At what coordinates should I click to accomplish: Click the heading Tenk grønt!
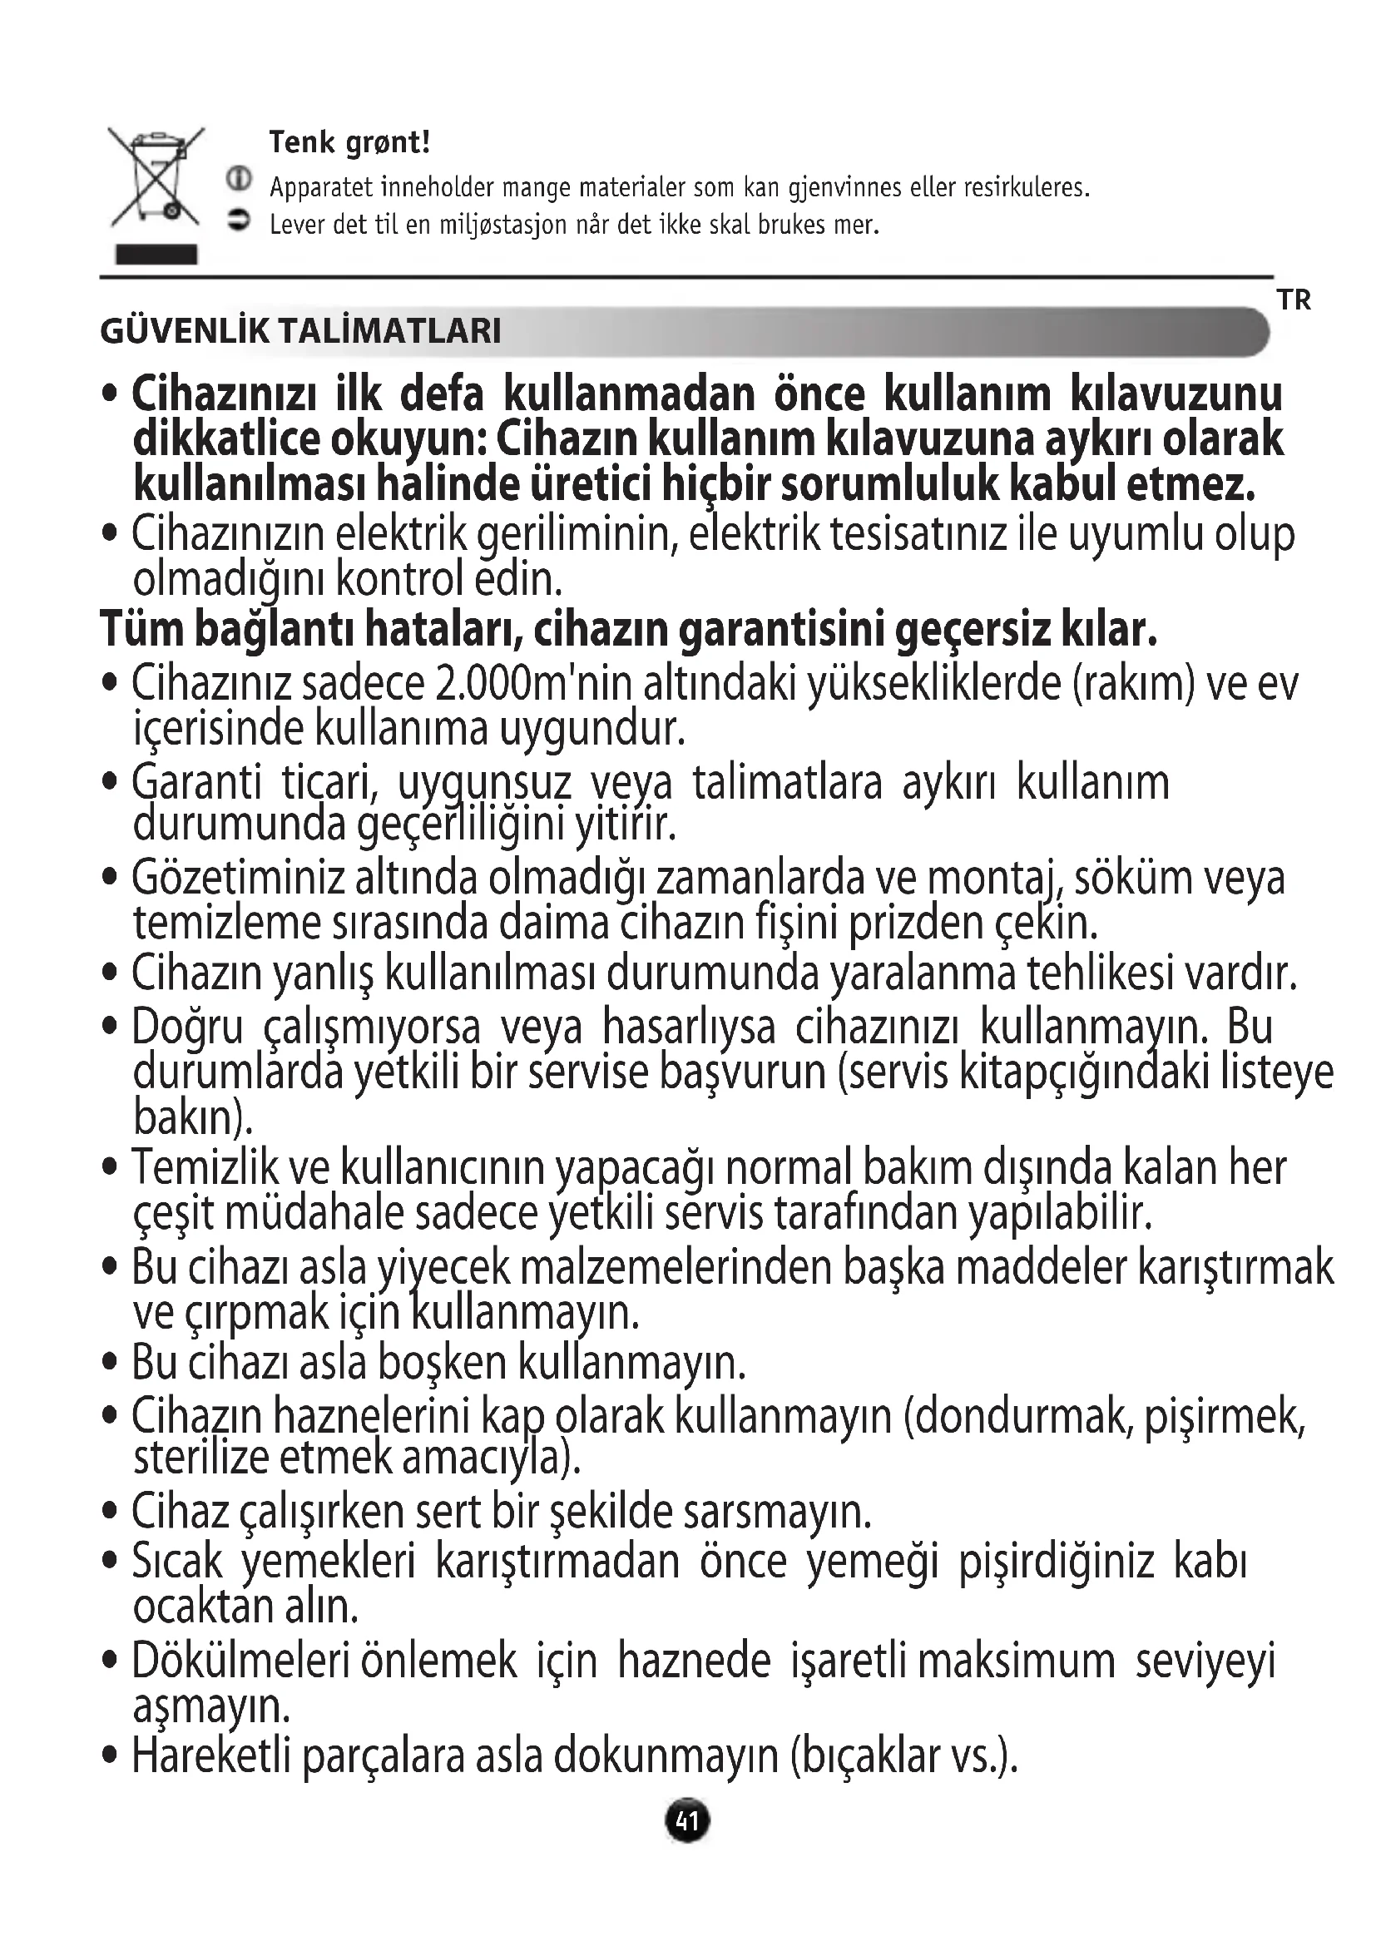(349, 142)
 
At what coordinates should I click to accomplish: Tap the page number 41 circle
(687, 1820)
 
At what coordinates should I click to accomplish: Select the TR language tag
(1294, 300)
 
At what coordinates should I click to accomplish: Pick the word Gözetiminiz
(238, 878)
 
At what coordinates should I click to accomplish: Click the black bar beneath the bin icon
(156, 255)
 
